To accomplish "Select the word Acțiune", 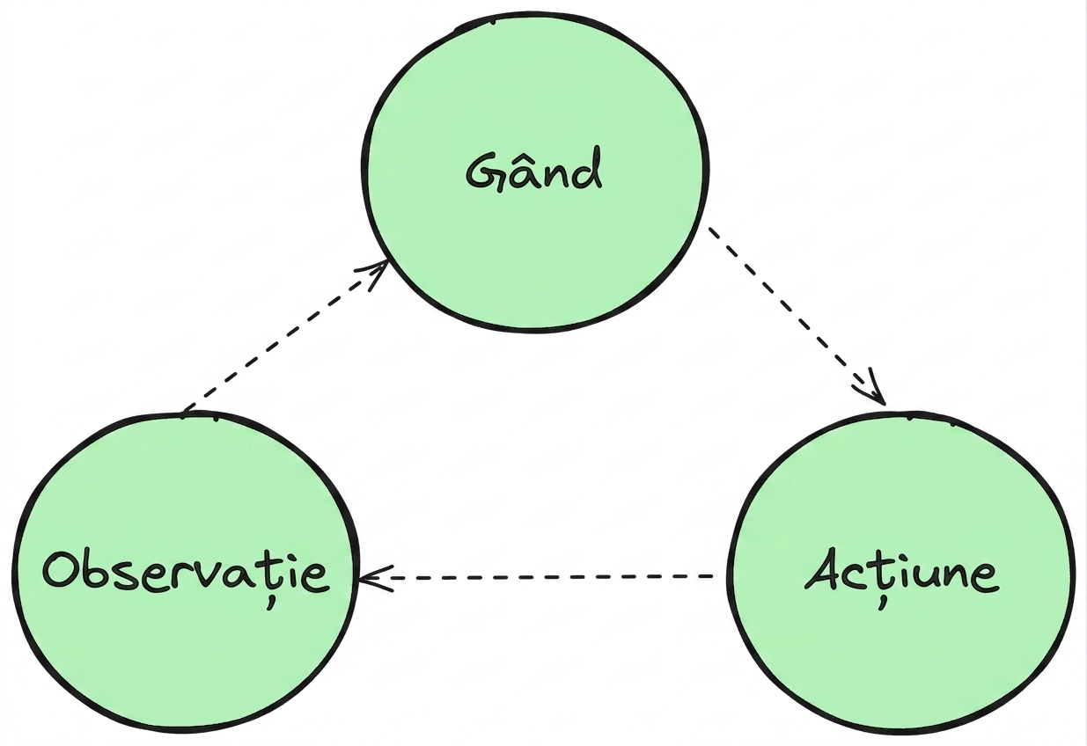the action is click(x=901, y=575).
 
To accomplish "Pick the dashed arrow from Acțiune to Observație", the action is click(x=536, y=577).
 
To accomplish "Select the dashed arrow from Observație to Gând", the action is click(x=284, y=337).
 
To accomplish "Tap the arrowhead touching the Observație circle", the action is click(x=375, y=578).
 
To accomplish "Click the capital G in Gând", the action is click(x=484, y=172).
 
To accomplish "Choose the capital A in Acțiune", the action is click(x=825, y=569).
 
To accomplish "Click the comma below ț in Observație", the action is click(x=271, y=603).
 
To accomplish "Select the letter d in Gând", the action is click(x=586, y=169).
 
